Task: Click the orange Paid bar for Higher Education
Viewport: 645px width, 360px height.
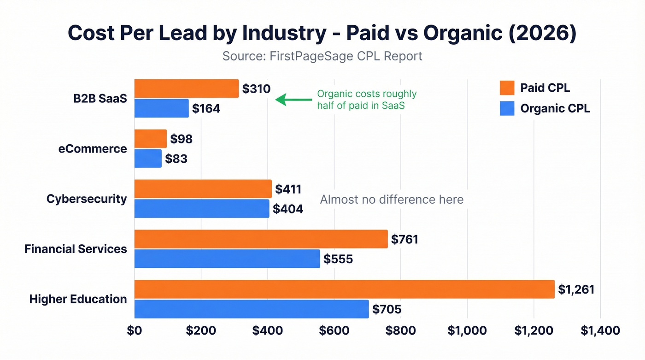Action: pos(344,289)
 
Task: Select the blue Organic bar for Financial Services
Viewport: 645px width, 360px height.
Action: pos(227,259)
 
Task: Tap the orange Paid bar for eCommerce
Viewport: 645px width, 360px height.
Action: pos(150,139)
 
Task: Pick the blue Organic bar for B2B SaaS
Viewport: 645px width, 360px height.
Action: pos(161,108)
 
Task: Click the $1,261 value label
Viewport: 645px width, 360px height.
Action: pos(576,289)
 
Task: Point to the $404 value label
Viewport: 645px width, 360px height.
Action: pos(288,209)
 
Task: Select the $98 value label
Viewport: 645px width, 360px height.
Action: pos(182,139)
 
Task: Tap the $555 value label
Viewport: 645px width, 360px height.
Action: pos(338,259)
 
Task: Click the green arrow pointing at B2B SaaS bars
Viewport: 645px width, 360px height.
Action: pos(293,100)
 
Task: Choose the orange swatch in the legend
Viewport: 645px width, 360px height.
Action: pos(507,88)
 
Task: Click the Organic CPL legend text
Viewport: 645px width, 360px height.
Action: pos(555,108)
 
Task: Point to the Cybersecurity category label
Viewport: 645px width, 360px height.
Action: pos(87,199)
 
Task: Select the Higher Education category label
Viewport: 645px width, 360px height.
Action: pos(78,299)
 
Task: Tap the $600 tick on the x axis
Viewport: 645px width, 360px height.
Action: pos(334,330)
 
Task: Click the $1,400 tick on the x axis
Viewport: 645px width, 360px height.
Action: pos(600,330)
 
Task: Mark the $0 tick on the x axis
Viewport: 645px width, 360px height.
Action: pos(135,330)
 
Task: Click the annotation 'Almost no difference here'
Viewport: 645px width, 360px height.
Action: pos(392,200)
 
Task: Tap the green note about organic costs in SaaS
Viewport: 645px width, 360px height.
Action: pos(367,100)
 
